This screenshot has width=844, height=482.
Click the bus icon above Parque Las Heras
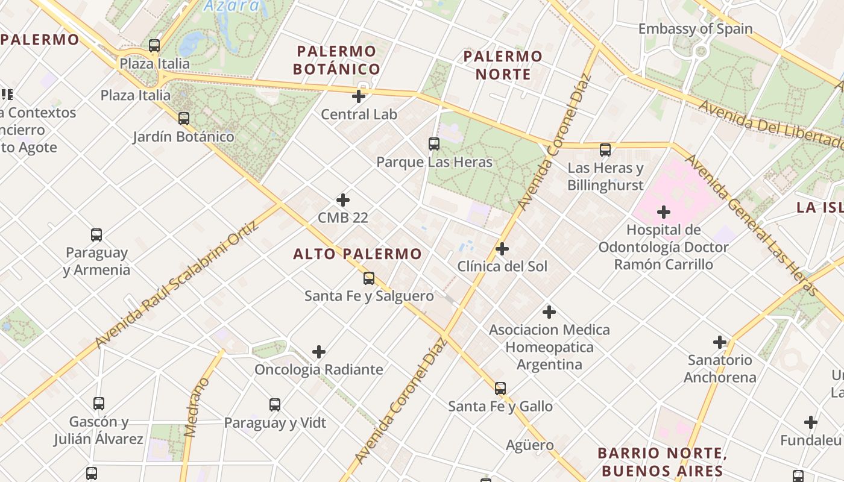coord(434,144)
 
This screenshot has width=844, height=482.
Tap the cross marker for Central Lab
coord(359,96)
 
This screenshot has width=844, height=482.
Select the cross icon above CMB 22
coord(343,200)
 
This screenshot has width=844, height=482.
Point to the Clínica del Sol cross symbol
coord(502,249)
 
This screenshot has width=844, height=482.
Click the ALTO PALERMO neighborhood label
coord(357,254)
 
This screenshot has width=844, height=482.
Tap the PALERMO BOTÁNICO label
coord(336,60)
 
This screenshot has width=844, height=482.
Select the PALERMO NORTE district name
coord(503,65)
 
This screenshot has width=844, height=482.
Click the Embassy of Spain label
coord(695,29)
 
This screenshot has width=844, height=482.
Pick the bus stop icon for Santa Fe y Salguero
coord(369,278)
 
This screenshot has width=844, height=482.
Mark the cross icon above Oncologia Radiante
coord(319,352)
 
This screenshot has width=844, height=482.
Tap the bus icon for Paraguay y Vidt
coord(275,405)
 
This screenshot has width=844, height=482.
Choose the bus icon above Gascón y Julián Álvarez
coord(99,404)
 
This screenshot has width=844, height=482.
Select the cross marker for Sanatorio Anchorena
coord(720,342)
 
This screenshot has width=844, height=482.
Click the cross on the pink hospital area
coord(664,212)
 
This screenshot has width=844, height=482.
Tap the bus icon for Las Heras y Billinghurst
coord(605,150)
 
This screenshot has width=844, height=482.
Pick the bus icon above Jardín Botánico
coord(184,119)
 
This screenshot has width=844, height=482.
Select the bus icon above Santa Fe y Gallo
coord(500,389)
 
